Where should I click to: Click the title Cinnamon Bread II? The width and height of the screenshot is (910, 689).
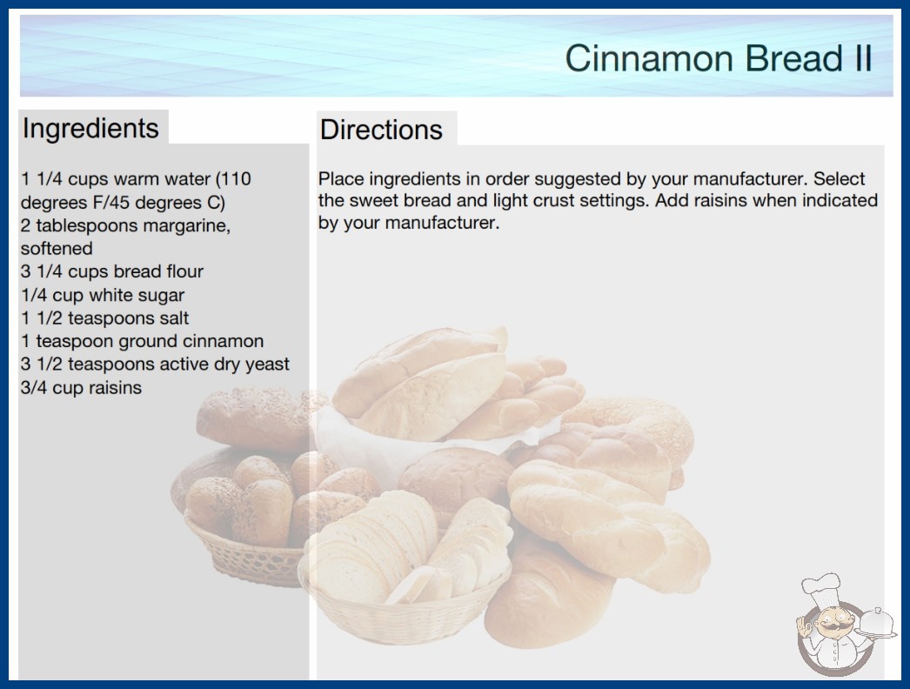pyautogui.click(x=719, y=58)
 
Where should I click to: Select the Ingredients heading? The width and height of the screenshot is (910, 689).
pyautogui.click(x=90, y=128)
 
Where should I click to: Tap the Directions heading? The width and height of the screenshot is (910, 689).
pyautogui.click(x=381, y=130)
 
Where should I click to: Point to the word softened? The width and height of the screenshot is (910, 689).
pyautogui.click(x=57, y=249)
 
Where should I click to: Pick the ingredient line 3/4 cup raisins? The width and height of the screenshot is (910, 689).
pyautogui.click(x=81, y=388)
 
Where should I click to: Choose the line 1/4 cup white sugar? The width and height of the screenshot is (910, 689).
pyautogui.click(x=103, y=296)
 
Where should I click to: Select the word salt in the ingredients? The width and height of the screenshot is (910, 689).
pyautogui.click(x=173, y=318)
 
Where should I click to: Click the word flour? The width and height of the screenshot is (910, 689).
pyautogui.click(x=184, y=271)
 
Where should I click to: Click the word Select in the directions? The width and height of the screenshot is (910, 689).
pyautogui.click(x=839, y=178)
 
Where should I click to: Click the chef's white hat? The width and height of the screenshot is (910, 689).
pyautogui.click(x=821, y=588)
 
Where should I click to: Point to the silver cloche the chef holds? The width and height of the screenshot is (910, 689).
pyautogui.click(x=877, y=623)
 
